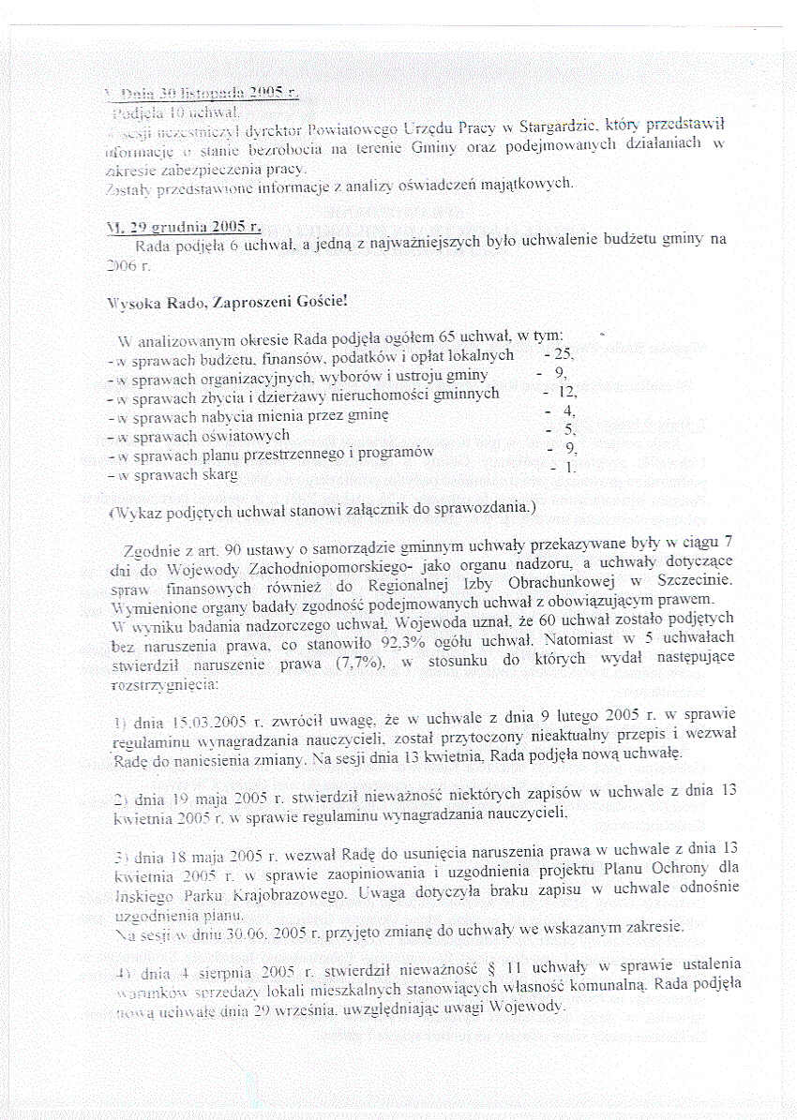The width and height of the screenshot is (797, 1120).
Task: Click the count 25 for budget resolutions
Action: [x=553, y=355]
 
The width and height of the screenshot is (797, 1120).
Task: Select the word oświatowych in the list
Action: [x=247, y=435]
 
